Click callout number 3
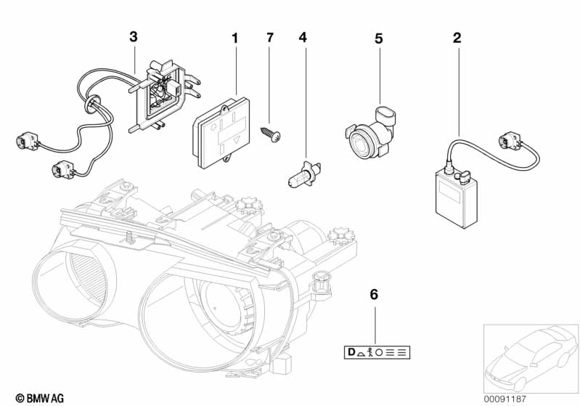pyautogui.click(x=133, y=36)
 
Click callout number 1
pyautogui.click(x=234, y=37)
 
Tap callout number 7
pyautogui.click(x=270, y=37)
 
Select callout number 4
pyautogui.click(x=303, y=37)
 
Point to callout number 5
pyautogui.click(x=378, y=37)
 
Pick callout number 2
pyautogui.click(x=457, y=37)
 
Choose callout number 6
pyautogui.click(x=375, y=294)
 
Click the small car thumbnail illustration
pyautogui.click(x=530, y=356)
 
